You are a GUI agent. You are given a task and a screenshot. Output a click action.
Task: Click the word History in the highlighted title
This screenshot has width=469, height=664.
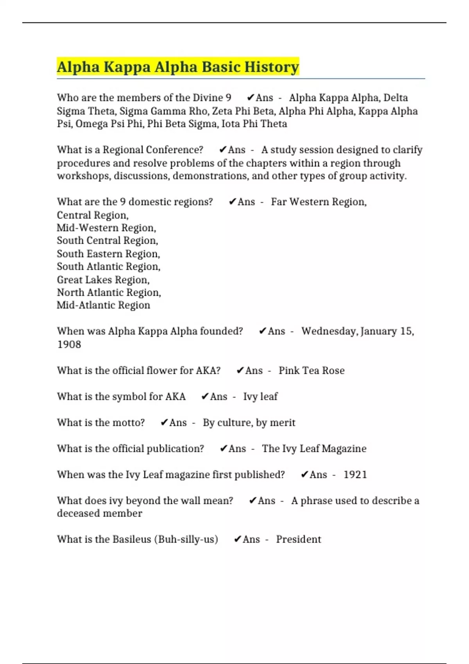coord(272,67)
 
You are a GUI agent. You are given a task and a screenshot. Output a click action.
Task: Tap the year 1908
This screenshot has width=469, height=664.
coord(69,344)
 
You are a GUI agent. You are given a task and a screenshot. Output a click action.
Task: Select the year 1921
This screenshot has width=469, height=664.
coord(355,475)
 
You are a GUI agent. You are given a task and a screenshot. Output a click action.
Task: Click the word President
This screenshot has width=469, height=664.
coord(298,539)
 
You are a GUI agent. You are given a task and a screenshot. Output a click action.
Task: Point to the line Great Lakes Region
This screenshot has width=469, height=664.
coord(103,280)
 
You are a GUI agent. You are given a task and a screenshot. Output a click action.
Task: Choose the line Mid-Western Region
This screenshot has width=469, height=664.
coord(106,228)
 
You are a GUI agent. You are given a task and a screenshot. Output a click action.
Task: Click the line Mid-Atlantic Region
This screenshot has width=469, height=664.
coord(104,305)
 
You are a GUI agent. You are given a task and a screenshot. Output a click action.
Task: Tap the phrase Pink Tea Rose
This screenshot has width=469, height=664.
coord(311,370)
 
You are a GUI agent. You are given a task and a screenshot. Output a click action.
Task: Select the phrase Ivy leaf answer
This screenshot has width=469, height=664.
coord(260,396)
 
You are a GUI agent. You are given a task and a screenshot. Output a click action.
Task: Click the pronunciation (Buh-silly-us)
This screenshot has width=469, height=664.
coord(186,539)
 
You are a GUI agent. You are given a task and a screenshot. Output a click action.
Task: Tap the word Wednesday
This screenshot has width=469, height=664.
coord(329,331)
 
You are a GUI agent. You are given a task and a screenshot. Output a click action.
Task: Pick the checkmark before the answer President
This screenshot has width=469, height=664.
coord(237,539)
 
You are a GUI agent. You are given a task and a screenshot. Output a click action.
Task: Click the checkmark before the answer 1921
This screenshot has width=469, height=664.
coord(304,475)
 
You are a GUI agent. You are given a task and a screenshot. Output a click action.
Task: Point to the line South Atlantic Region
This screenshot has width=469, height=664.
coord(109,266)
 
